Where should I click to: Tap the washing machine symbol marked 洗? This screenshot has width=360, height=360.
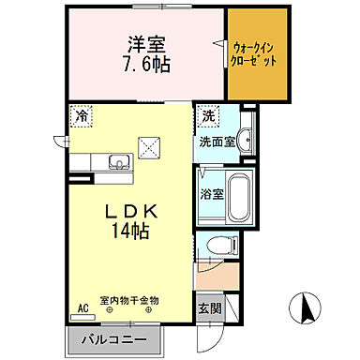(x=209, y=118)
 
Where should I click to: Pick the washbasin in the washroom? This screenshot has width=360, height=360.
(x=245, y=136)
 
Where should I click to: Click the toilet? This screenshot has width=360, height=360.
(x=221, y=246)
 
